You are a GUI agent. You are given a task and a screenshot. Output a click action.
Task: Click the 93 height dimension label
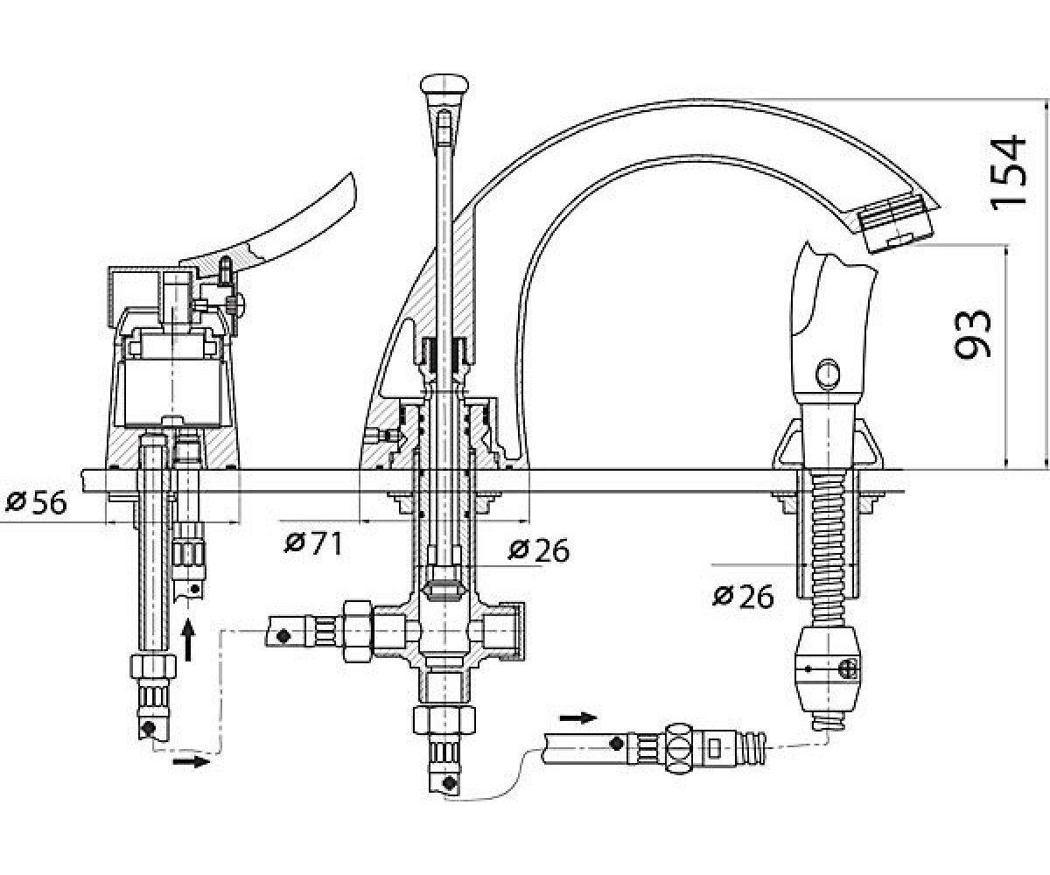tap(972, 333)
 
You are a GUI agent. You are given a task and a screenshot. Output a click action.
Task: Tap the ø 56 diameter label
tap(36, 502)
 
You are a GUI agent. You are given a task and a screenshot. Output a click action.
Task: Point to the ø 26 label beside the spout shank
tap(539, 550)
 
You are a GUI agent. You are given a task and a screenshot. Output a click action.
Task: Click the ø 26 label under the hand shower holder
tap(743, 597)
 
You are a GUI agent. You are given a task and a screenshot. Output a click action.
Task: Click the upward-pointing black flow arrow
tap(188, 639)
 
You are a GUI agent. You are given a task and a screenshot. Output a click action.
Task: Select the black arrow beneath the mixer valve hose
tap(191, 762)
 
